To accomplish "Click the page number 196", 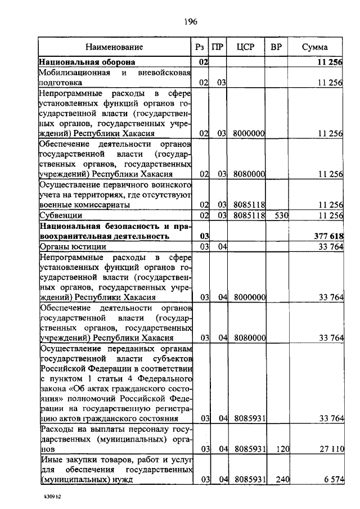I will tap(190, 22).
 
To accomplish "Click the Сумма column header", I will tap(314, 47).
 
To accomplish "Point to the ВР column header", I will tap(276, 47).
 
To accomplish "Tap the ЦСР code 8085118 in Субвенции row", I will tap(249, 215).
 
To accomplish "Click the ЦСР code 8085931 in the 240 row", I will tap(249, 479).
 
